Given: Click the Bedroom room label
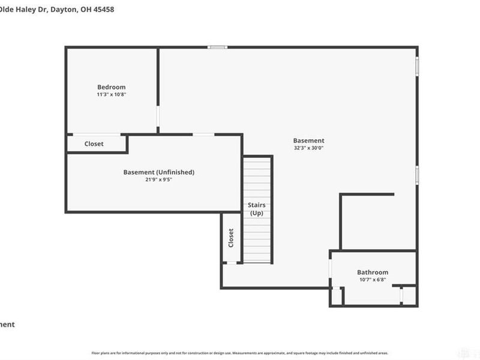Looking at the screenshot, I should [x=112, y=87].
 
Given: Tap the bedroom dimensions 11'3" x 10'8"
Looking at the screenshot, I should [x=112, y=94].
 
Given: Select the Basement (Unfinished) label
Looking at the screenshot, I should [x=159, y=172].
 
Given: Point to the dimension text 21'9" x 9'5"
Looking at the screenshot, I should [x=159, y=179].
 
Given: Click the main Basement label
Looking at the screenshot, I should [x=309, y=141].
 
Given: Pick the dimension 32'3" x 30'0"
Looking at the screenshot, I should [x=309, y=148].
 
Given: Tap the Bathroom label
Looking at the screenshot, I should [x=373, y=272].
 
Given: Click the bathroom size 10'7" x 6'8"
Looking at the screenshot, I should [x=373, y=279].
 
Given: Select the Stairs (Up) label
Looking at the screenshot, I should [x=257, y=209].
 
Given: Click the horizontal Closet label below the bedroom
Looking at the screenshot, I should [x=94, y=144].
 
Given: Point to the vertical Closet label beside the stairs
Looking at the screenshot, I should [x=231, y=238].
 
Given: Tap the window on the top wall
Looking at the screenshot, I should [x=217, y=47].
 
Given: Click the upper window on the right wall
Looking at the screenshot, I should [x=417, y=65].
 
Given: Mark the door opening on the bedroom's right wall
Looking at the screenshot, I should [x=158, y=119].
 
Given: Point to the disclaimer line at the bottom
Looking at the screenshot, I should [x=240, y=353].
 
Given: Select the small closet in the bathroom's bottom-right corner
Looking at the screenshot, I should [x=409, y=296].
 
